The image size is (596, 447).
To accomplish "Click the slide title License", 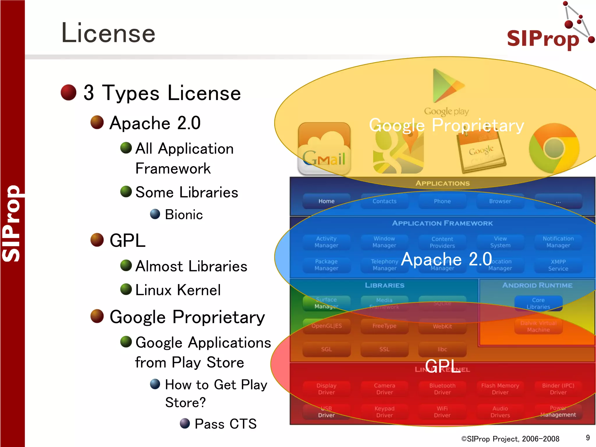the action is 108,33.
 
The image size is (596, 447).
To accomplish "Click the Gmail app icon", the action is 324,149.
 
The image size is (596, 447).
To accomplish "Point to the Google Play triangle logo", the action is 446,86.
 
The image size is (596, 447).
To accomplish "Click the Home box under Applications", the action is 326,201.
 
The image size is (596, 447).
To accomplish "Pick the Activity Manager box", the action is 326,242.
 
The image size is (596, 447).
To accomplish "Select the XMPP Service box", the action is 558,265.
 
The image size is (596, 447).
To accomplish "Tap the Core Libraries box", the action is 538,303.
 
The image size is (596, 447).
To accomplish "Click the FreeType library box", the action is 384,326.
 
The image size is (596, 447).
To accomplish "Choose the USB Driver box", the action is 326,412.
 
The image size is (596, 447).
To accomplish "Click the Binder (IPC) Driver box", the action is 558,389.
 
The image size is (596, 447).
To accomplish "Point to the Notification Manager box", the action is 558,242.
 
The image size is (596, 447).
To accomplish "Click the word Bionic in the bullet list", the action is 184,215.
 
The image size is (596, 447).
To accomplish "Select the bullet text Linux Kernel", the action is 178,290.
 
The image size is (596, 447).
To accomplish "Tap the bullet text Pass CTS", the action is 226,424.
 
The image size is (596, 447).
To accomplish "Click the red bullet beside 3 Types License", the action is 68,93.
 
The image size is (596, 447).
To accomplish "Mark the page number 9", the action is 588,438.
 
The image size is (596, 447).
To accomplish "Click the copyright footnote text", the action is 510,439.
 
